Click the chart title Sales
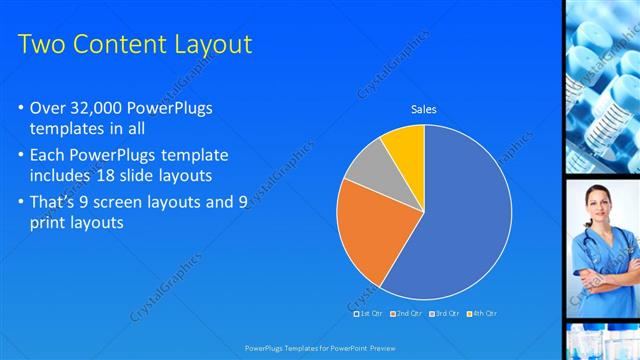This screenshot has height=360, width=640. pyautogui.click(x=424, y=110)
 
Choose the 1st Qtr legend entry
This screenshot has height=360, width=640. pyautogui.click(x=369, y=313)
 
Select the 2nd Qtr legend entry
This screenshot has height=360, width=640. pyautogui.click(x=406, y=313)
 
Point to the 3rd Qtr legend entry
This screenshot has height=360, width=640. pyautogui.click(x=444, y=313)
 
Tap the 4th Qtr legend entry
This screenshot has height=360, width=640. pyautogui.click(x=481, y=313)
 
